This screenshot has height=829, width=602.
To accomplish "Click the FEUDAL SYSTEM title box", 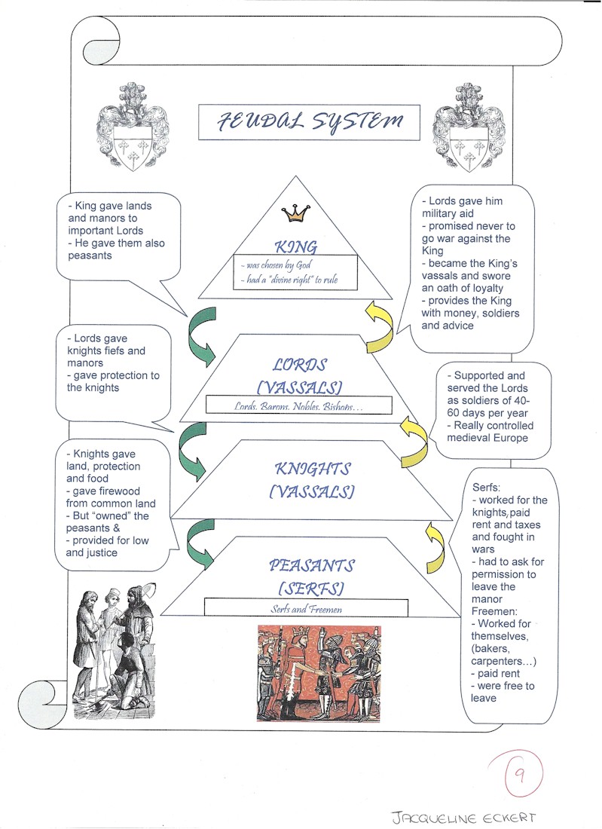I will (309, 122).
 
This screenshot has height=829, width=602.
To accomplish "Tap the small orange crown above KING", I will (296, 214).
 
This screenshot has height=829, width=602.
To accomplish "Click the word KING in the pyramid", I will (296, 246).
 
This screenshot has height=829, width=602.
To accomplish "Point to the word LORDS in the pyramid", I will (300, 365).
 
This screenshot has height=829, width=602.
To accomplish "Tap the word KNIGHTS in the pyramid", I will (313, 469).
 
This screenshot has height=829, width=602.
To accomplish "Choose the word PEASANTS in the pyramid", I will (311, 565).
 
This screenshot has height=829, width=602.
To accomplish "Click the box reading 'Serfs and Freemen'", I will (306, 608).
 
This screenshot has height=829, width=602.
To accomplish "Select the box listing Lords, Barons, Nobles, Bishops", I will (300, 406).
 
